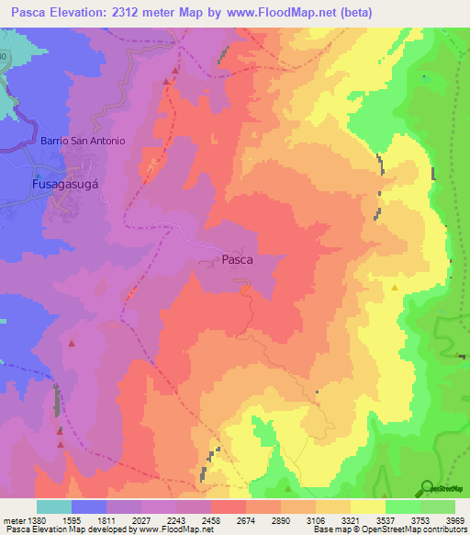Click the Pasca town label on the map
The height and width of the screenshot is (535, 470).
[x=237, y=260]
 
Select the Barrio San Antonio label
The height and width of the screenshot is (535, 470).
[x=83, y=141]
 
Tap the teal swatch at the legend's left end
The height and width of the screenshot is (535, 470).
[x=53, y=507]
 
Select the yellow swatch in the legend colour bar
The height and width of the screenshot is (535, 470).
[x=367, y=507]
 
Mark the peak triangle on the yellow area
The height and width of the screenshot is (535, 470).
[x=395, y=288]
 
